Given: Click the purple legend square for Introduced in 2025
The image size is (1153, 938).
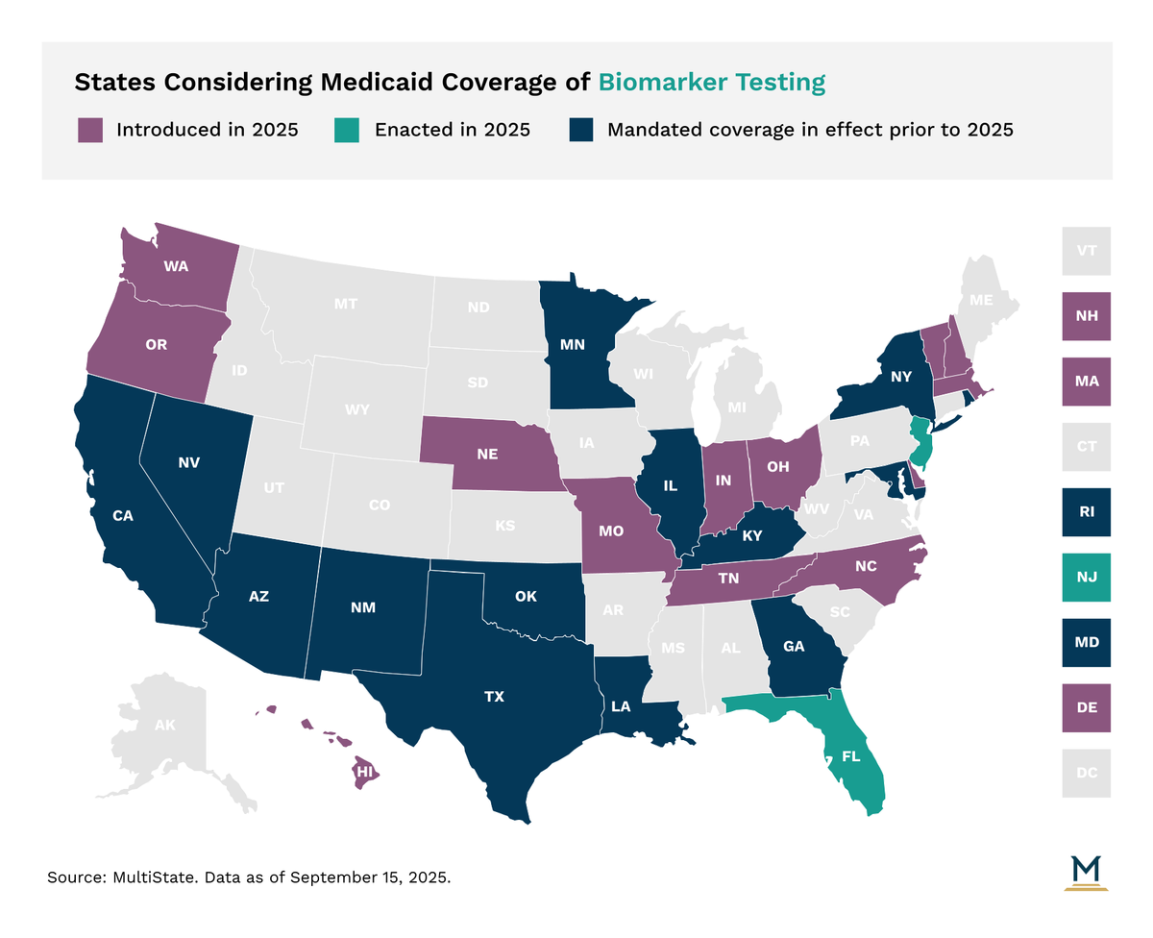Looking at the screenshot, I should click(89, 130).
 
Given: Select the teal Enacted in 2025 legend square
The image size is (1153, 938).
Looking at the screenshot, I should click(347, 130).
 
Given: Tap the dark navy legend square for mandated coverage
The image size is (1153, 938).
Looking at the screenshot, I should click(579, 130).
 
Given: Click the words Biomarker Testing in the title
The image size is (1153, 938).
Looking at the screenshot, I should click(711, 82).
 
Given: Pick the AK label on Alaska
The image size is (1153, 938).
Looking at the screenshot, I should click(165, 726).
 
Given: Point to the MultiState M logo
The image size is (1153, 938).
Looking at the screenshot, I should click(1087, 873).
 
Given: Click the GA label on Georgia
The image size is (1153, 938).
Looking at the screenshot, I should click(794, 647).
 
